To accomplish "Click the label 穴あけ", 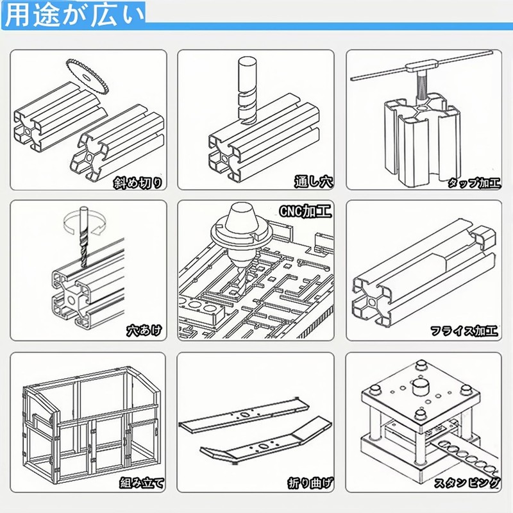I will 143,332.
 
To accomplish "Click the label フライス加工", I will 464,332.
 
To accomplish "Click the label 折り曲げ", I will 310,482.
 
